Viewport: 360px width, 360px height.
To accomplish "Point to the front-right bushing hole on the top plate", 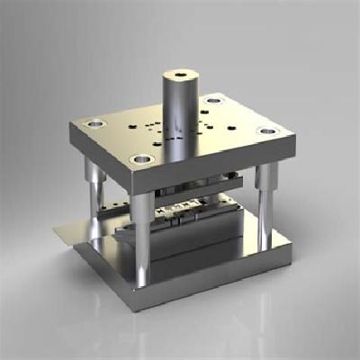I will click(266, 131).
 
